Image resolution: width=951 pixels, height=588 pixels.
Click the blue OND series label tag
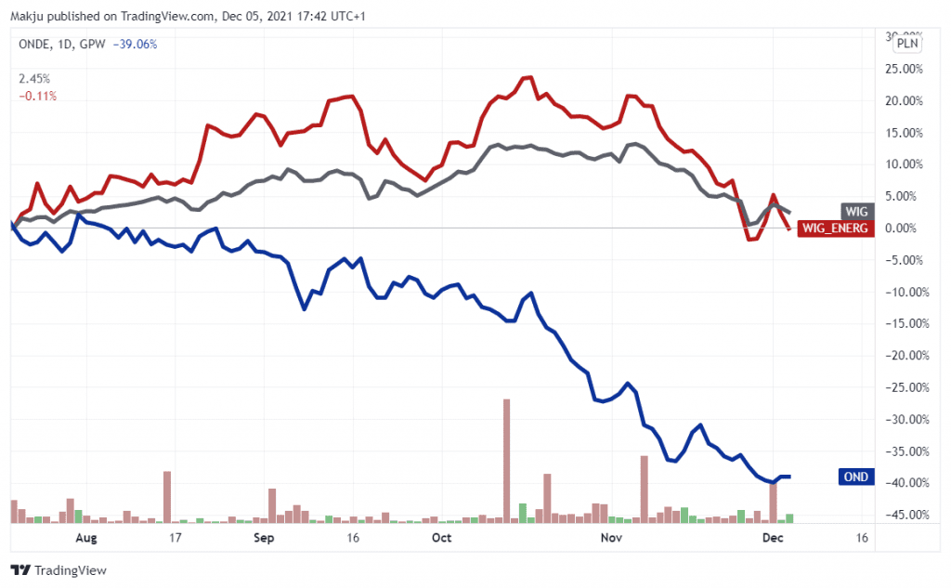coord(856,477)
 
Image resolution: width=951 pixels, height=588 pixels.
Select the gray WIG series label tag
coord(856,210)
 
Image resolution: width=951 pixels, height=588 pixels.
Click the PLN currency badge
coord(907,43)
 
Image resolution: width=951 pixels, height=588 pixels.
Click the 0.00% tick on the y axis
coord(903,228)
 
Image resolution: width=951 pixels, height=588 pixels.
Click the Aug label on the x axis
coord(85,538)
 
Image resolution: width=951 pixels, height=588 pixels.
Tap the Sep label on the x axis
coord(264,538)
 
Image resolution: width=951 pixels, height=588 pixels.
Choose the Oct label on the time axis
coord(441,538)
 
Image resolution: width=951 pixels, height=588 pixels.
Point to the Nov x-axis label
coord(610,538)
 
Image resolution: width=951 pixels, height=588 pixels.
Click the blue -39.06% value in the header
coord(137,44)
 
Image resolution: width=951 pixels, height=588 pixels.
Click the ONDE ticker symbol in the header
coord(34,44)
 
